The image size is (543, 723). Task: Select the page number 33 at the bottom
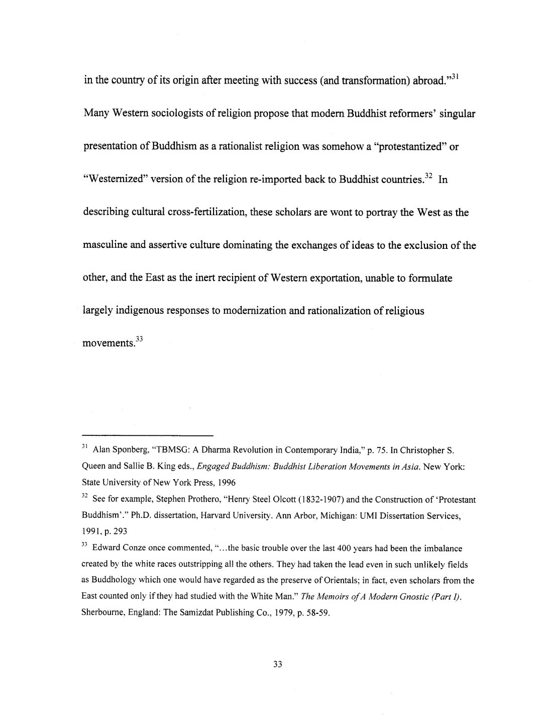(x=277, y=664)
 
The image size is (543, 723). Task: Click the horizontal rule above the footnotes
(x=147, y=435)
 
